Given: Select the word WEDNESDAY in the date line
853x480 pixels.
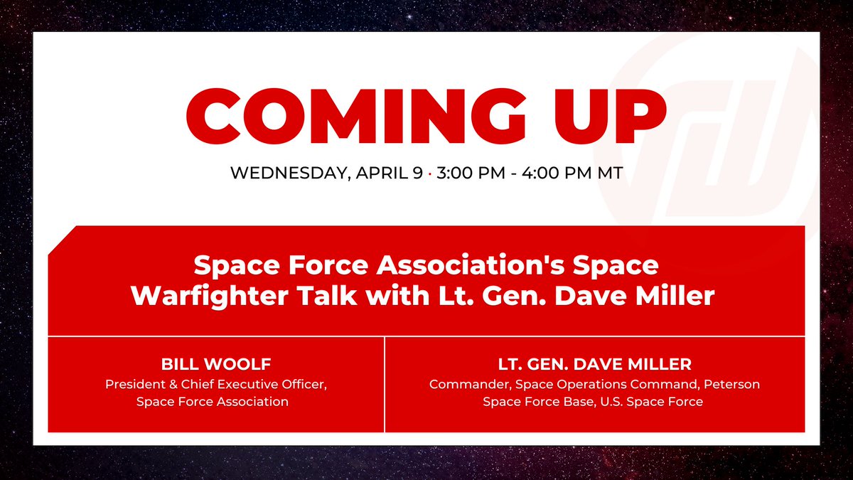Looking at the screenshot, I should tap(286, 174).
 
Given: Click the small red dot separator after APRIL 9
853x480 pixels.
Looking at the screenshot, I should tap(431, 174).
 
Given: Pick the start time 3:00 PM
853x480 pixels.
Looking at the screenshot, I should tap(473, 174).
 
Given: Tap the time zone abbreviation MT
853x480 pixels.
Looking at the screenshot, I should tap(609, 174).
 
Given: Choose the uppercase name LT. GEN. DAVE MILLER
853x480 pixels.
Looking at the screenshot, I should tap(594, 365).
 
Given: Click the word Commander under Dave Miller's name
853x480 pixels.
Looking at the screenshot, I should tap(470, 384).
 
